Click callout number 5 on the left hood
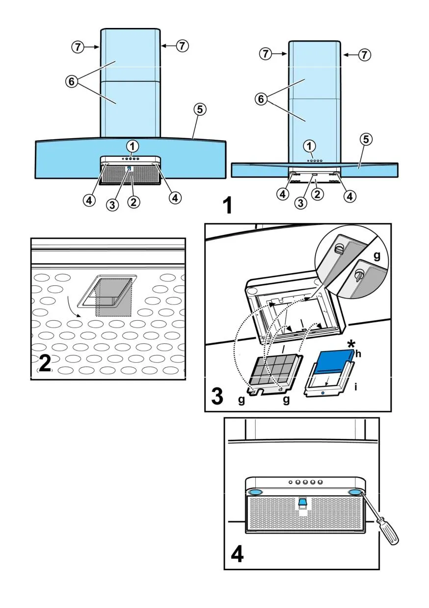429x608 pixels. click(x=198, y=110)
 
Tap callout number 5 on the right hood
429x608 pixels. click(x=365, y=139)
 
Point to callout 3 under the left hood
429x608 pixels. click(x=113, y=205)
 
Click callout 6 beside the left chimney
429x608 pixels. click(x=71, y=82)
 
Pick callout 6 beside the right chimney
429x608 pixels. click(x=261, y=100)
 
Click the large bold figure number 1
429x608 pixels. click(x=226, y=206)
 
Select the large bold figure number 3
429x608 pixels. click(x=218, y=396)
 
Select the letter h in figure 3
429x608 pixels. click(x=358, y=354)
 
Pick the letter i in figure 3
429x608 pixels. click(x=355, y=386)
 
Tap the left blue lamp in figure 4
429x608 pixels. click(x=255, y=492)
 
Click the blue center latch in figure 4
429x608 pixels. click(x=302, y=502)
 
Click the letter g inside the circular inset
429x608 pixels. click(x=376, y=256)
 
